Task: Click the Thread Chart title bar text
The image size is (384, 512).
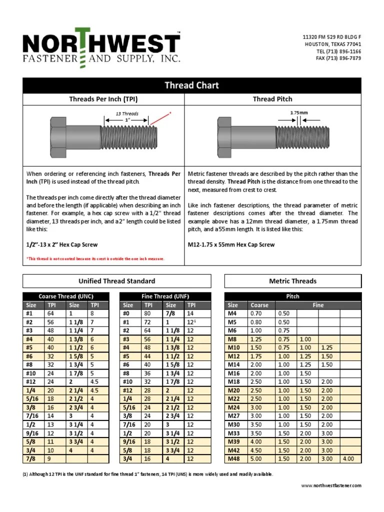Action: pyautogui.click(x=192, y=85)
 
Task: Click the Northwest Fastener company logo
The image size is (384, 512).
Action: pyautogui.click(x=101, y=48)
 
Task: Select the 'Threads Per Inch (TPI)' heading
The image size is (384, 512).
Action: pyautogui.click(x=103, y=99)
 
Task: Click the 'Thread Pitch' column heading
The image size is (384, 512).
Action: pyautogui.click(x=272, y=99)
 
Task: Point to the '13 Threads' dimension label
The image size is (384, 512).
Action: pyautogui.click(x=127, y=114)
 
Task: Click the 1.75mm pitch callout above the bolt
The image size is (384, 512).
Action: pyautogui.click(x=299, y=113)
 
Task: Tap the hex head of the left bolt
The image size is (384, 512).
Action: pyautogui.click(x=59, y=135)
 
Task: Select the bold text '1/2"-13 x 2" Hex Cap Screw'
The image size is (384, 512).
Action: pyautogui.click(x=62, y=245)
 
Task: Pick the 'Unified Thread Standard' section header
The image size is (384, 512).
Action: pyautogui.click(x=117, y=281)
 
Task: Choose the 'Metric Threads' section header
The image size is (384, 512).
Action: pyautogui.click(x=292, y=281)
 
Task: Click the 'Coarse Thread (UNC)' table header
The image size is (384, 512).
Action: pyautogui.click(x=66, y=296)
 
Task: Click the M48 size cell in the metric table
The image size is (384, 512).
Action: pyautogui.click(x=234, y=458)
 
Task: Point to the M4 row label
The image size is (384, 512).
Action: pyautogui.click(x=233, y=313)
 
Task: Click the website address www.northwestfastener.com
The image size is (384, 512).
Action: pyautogui.click(x=331, y=485)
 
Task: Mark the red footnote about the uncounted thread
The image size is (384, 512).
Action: pyautogui.click(x=95, y=258)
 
